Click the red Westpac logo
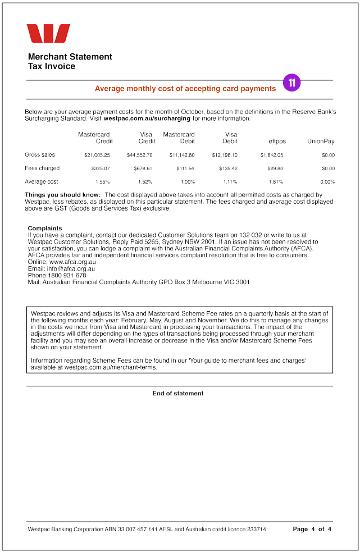coord(48,34)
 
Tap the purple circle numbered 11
coord(291,83)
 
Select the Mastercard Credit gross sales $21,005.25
coord(97,155)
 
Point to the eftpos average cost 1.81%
coord(276,182)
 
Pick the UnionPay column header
coord(321,142)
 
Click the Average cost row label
coord(42,181)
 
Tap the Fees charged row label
coord(42,168)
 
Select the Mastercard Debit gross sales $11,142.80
coord(182,155)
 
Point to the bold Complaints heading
coord(45,229)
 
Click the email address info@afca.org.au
coord(71,269)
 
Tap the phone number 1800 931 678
coord(67,276)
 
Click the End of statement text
coord(178,394)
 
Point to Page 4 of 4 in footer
coord(312,529)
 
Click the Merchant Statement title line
coord(70,57)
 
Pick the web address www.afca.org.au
coord(72,262)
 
